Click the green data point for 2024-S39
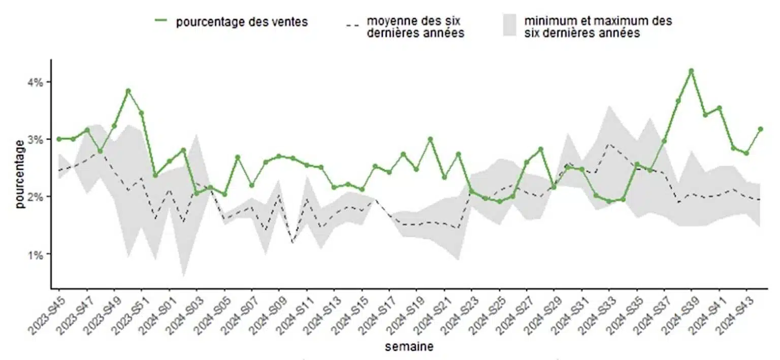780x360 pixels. (x=691, y=71)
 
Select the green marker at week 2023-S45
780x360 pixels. (x=59, y=139)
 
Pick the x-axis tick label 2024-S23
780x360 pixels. (x=459, y=310)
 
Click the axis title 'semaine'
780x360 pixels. (x=409, y=347)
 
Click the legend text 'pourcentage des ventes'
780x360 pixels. (x=242, y=22)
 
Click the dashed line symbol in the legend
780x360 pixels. (x=351, y=24)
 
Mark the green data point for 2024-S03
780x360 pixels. (x=197, y=193)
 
